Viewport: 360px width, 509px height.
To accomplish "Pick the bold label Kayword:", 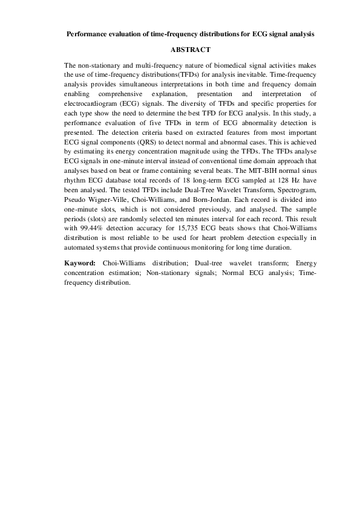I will point(80,264).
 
